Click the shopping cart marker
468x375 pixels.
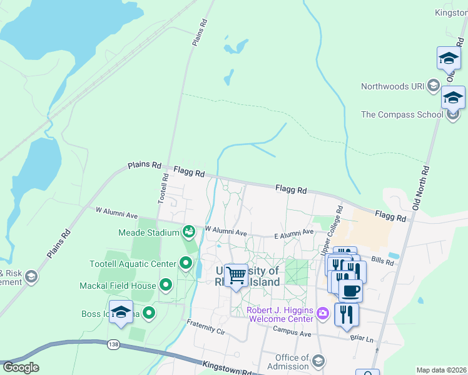point(236,275)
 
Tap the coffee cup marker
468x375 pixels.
point(350,291)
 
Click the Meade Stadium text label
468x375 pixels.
point(149,232)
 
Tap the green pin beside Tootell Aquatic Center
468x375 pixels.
point(186,263)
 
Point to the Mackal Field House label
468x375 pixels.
point(117,286)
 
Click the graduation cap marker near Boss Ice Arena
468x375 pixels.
point(121,312)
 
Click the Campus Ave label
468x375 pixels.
point(292,334)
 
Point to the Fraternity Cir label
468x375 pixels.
point(205,326)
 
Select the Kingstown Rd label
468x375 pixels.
point(226,367)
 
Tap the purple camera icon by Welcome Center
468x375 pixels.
point(322,312)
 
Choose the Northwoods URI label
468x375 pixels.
point(393,86)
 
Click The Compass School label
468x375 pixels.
point(402,114)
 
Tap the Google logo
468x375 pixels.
point(21,367)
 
